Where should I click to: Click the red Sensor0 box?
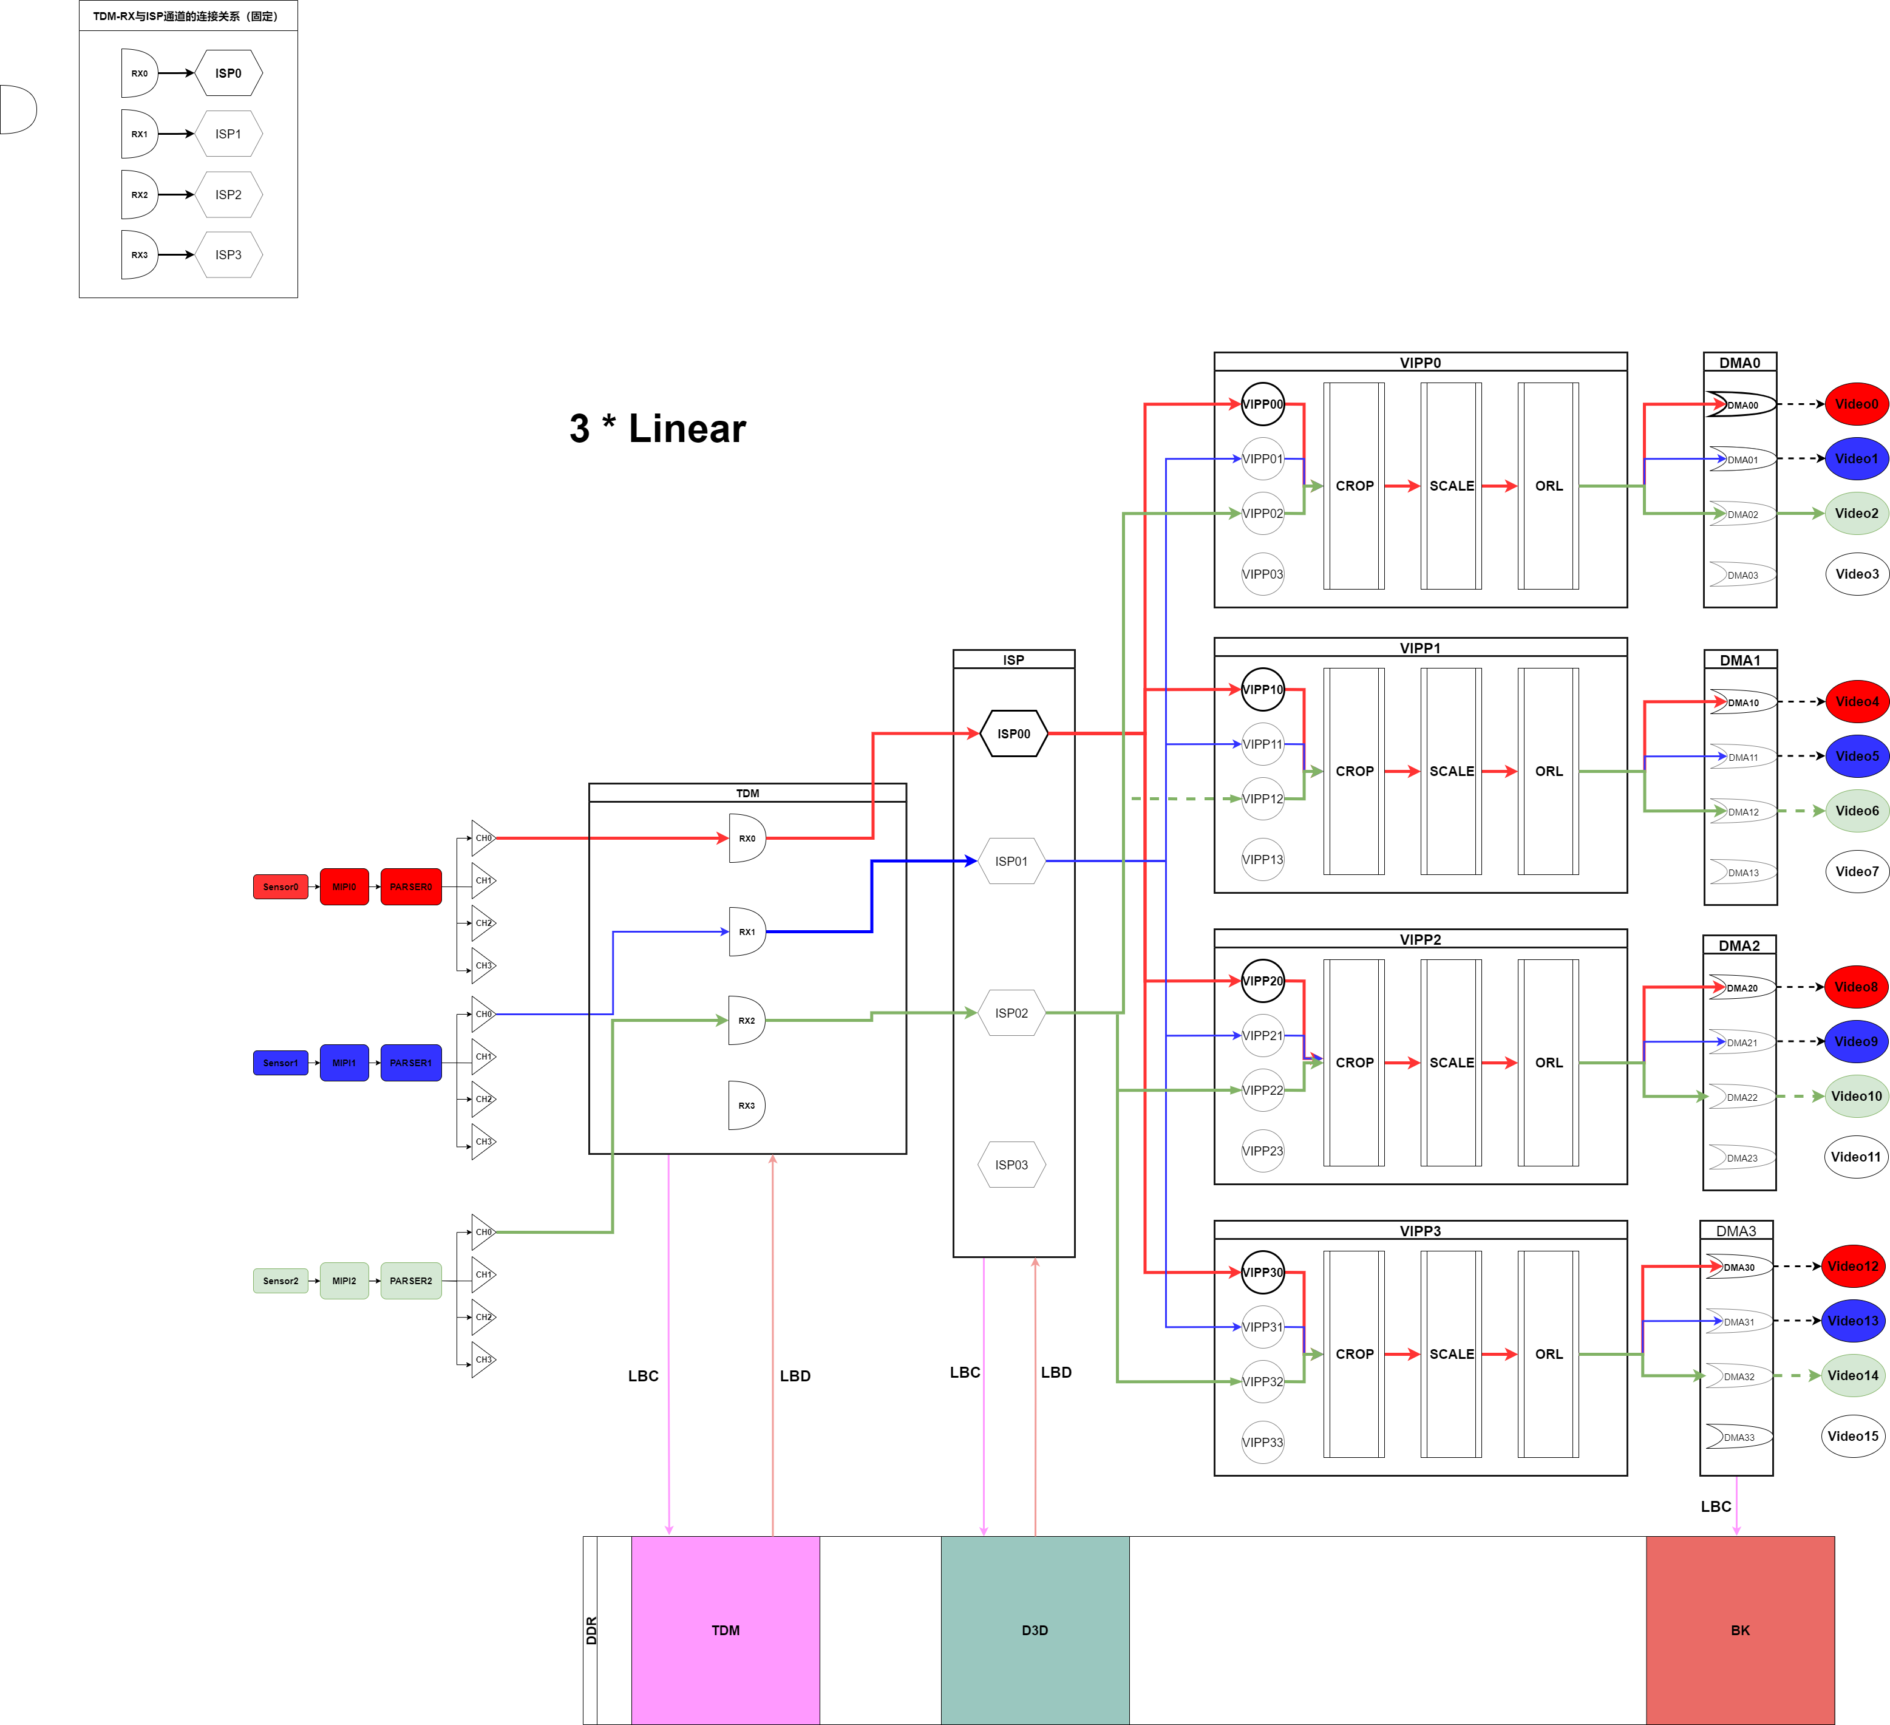tap(280, 887)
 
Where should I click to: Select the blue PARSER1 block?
tap(410, 1063)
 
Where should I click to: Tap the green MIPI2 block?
tap(344, 1281)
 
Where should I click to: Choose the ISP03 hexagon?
tap(1011, 1165)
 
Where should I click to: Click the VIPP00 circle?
tap(1263, 404)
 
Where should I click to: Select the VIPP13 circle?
tap(1263, 860)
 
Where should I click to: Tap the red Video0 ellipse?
tap(1856, 404)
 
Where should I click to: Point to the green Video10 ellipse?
tap(1856, 1096)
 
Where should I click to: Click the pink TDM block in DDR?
tap(726, 1630)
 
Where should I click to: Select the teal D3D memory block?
tap(1035, 1630)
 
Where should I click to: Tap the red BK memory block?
tap(1740, 1630)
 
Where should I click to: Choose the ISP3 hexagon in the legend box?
tap(228, 255)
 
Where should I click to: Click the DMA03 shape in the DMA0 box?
tap(1742, 574)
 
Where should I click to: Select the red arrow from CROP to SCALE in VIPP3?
tap(1402, 1354)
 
